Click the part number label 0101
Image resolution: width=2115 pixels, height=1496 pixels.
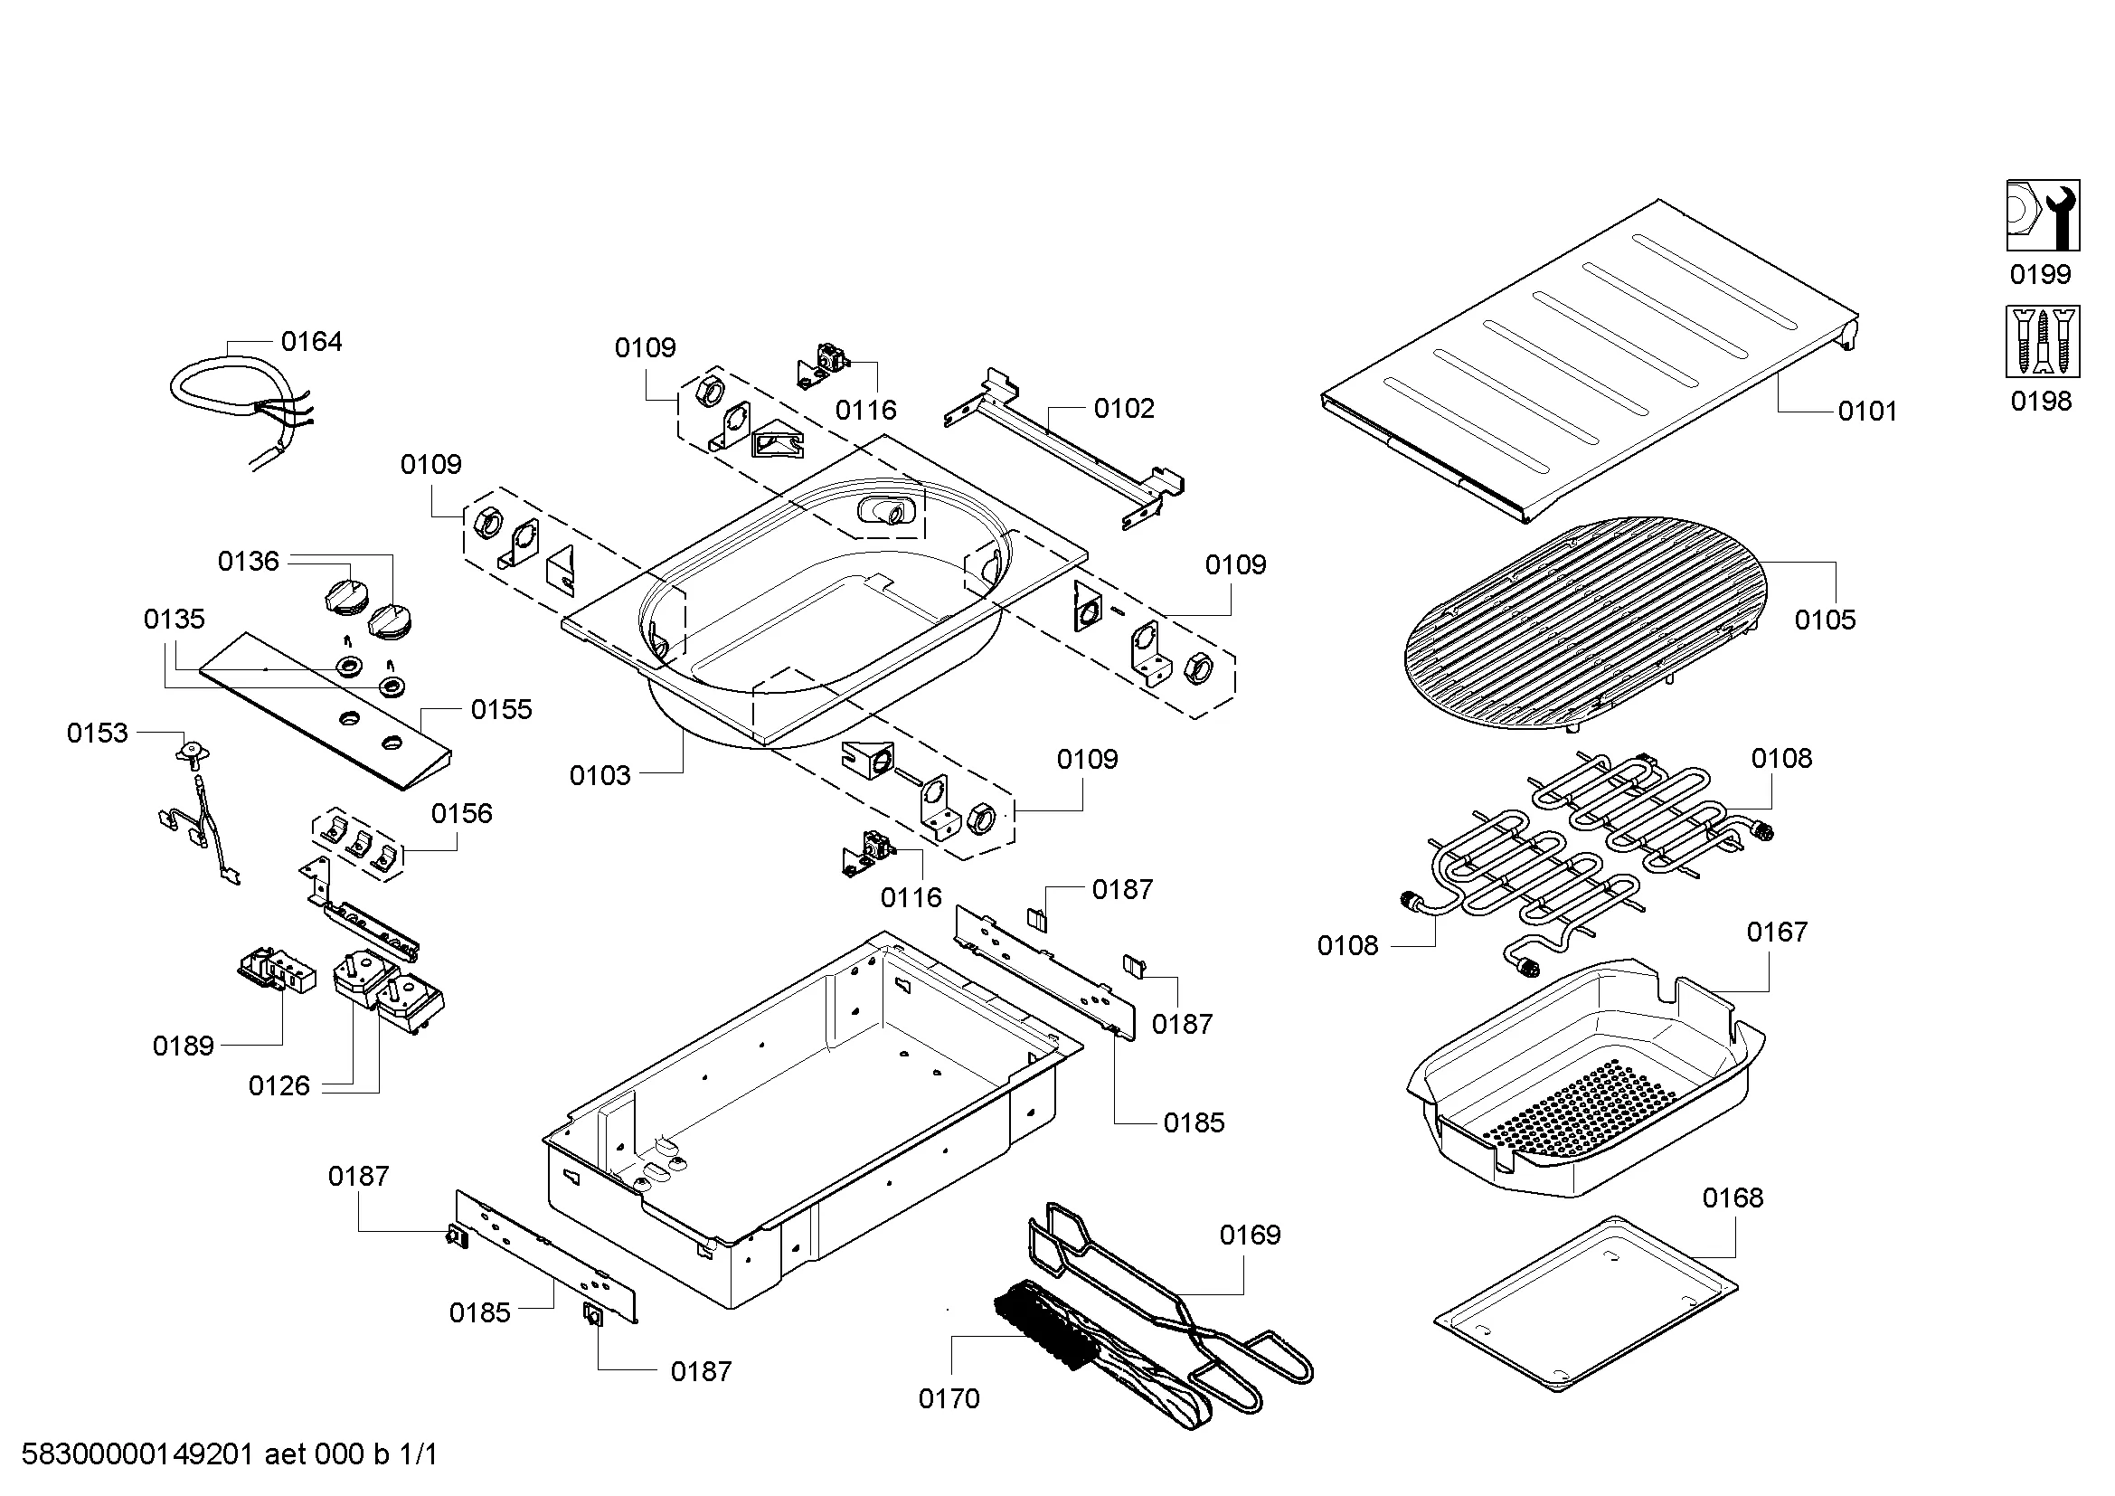(x=1867, y=411)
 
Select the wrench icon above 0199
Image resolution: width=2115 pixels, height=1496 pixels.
(x=2044, y=215)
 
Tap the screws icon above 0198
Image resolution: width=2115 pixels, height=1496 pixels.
(x=2044, y=342)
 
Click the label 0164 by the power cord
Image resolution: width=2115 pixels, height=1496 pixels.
(x=311, y=342)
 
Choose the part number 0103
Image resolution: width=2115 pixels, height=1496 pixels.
(x=600, y=776)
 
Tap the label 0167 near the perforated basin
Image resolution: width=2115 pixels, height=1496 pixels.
(x=1777, y=933)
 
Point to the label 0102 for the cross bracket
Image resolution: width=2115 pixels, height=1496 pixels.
(x=1124, y=408)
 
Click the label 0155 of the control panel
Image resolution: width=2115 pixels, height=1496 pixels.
(x=501, y=709)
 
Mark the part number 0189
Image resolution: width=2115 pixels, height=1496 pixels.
(x=184, y=1046)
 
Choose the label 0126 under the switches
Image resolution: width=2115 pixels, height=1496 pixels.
(x=279, y=1086)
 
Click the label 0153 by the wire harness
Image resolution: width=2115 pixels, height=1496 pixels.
(x=97, y=734)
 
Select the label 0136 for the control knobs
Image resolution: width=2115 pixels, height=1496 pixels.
(x=248, y=561)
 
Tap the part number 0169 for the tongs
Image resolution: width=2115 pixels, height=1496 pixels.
(x=1250, y=1235)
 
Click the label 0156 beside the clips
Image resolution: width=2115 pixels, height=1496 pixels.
(x=461, y=813)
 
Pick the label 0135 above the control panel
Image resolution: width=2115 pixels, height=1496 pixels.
(x=175, y=619)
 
